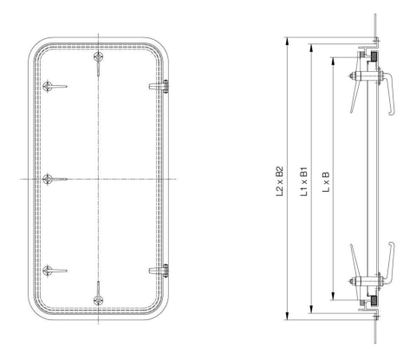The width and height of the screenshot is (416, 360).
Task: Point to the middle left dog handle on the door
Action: tap(51, 178)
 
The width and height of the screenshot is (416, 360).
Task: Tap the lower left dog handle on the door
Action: tap(51, 271)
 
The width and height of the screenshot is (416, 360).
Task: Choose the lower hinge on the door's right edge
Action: tap(160, 271)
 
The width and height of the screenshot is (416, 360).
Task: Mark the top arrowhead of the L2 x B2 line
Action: tap(286, 41)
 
